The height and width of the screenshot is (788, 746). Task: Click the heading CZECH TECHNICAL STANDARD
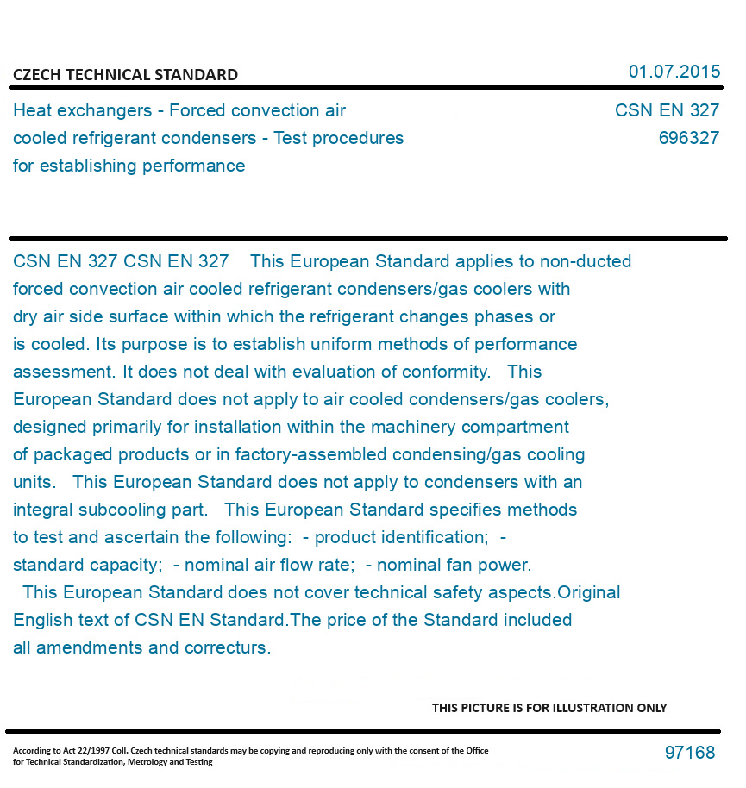coord(125,75)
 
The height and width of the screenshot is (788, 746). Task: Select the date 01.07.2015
coord(674,72)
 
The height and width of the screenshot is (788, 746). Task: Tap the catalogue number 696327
coord(688,138)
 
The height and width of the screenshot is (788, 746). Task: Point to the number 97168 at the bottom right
coord(689,753)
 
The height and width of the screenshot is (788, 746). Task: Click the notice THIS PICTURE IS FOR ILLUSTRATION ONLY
coord(549,708)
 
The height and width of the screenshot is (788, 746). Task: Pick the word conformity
coord(448,372)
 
